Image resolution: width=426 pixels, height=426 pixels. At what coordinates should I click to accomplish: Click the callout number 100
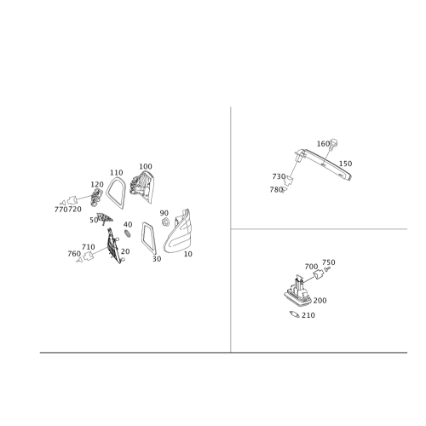pos(146,166)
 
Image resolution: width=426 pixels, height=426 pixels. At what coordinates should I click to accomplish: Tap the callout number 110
pos(117,173)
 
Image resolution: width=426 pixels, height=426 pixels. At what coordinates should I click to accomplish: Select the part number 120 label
pos(97,185)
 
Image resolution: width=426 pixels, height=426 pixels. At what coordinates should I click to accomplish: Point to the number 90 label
pos(164,213)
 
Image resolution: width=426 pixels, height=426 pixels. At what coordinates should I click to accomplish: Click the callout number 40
pos(128,225)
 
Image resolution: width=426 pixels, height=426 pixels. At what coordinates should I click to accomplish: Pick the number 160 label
pos(323,144)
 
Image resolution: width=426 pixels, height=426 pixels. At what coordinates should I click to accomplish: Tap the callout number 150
pos(345,164)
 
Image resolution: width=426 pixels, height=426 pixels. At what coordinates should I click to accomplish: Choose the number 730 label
pos(279,176)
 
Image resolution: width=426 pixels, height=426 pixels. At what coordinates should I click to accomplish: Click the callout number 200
pos(319,301)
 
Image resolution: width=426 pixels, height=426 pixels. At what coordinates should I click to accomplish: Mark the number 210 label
pos(308,315)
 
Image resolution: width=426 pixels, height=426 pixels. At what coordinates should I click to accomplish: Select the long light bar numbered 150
pos(324,164)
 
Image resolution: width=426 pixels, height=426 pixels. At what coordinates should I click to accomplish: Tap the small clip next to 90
pos(165,222)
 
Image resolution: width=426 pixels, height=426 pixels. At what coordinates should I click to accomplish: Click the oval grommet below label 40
pos(128,233)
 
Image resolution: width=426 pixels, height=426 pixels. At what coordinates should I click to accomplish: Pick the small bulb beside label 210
pos(295,314)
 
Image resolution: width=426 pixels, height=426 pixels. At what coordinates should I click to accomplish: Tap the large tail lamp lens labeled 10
pos(177,232)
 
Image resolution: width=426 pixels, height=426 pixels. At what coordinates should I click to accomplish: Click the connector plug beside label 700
pos(319,273)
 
